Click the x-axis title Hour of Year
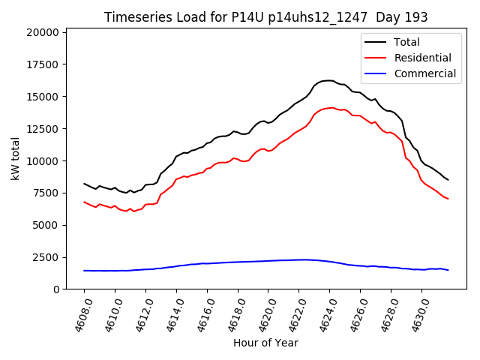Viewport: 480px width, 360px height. (265, 343)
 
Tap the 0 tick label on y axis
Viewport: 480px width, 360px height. (55, 289)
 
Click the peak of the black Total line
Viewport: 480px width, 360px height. (328, 80)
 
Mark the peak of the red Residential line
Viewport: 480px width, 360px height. (331, 108)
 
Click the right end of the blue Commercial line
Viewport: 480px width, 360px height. (448, 270)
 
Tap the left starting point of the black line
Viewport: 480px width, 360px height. (84, 183)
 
